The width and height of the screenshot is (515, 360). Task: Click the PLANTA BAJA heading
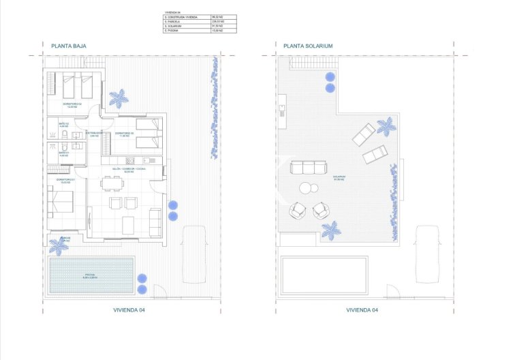pos(68,46)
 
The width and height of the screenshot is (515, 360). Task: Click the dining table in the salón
pos(112,183)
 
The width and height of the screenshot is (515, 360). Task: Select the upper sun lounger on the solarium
pos(363,134)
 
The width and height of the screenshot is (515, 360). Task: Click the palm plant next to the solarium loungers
pos(386,126)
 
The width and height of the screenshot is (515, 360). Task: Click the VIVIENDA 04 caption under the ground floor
pos(129,310)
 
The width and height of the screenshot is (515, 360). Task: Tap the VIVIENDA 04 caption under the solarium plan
pos(363,310)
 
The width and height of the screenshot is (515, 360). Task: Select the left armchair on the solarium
pos(297,210)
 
